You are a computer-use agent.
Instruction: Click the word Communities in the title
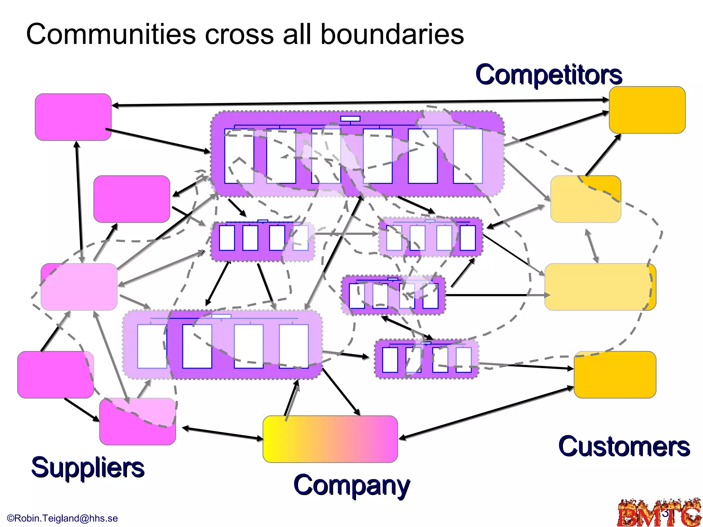(x=111, y=34)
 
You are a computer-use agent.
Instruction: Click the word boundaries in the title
(x=392, y=34)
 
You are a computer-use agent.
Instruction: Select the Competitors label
(x=548, y=74)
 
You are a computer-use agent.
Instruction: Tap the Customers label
(x=624, y=446)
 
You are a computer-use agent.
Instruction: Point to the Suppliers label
(x=88, y=467)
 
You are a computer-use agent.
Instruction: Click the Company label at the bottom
(x=351, y=485)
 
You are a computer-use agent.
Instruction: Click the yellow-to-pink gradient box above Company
(x=330, y=439)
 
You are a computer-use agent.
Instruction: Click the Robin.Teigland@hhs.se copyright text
(x=62, y=518)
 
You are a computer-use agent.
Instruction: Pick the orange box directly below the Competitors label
(x=647, y=110)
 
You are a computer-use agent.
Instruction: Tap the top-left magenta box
(x=73, y=117)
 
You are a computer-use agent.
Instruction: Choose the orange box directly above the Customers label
(x=615, y=375)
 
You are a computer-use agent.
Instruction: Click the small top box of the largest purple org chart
(x=350, y=119)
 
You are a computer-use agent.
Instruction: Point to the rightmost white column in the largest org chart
(x=468, y=156)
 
